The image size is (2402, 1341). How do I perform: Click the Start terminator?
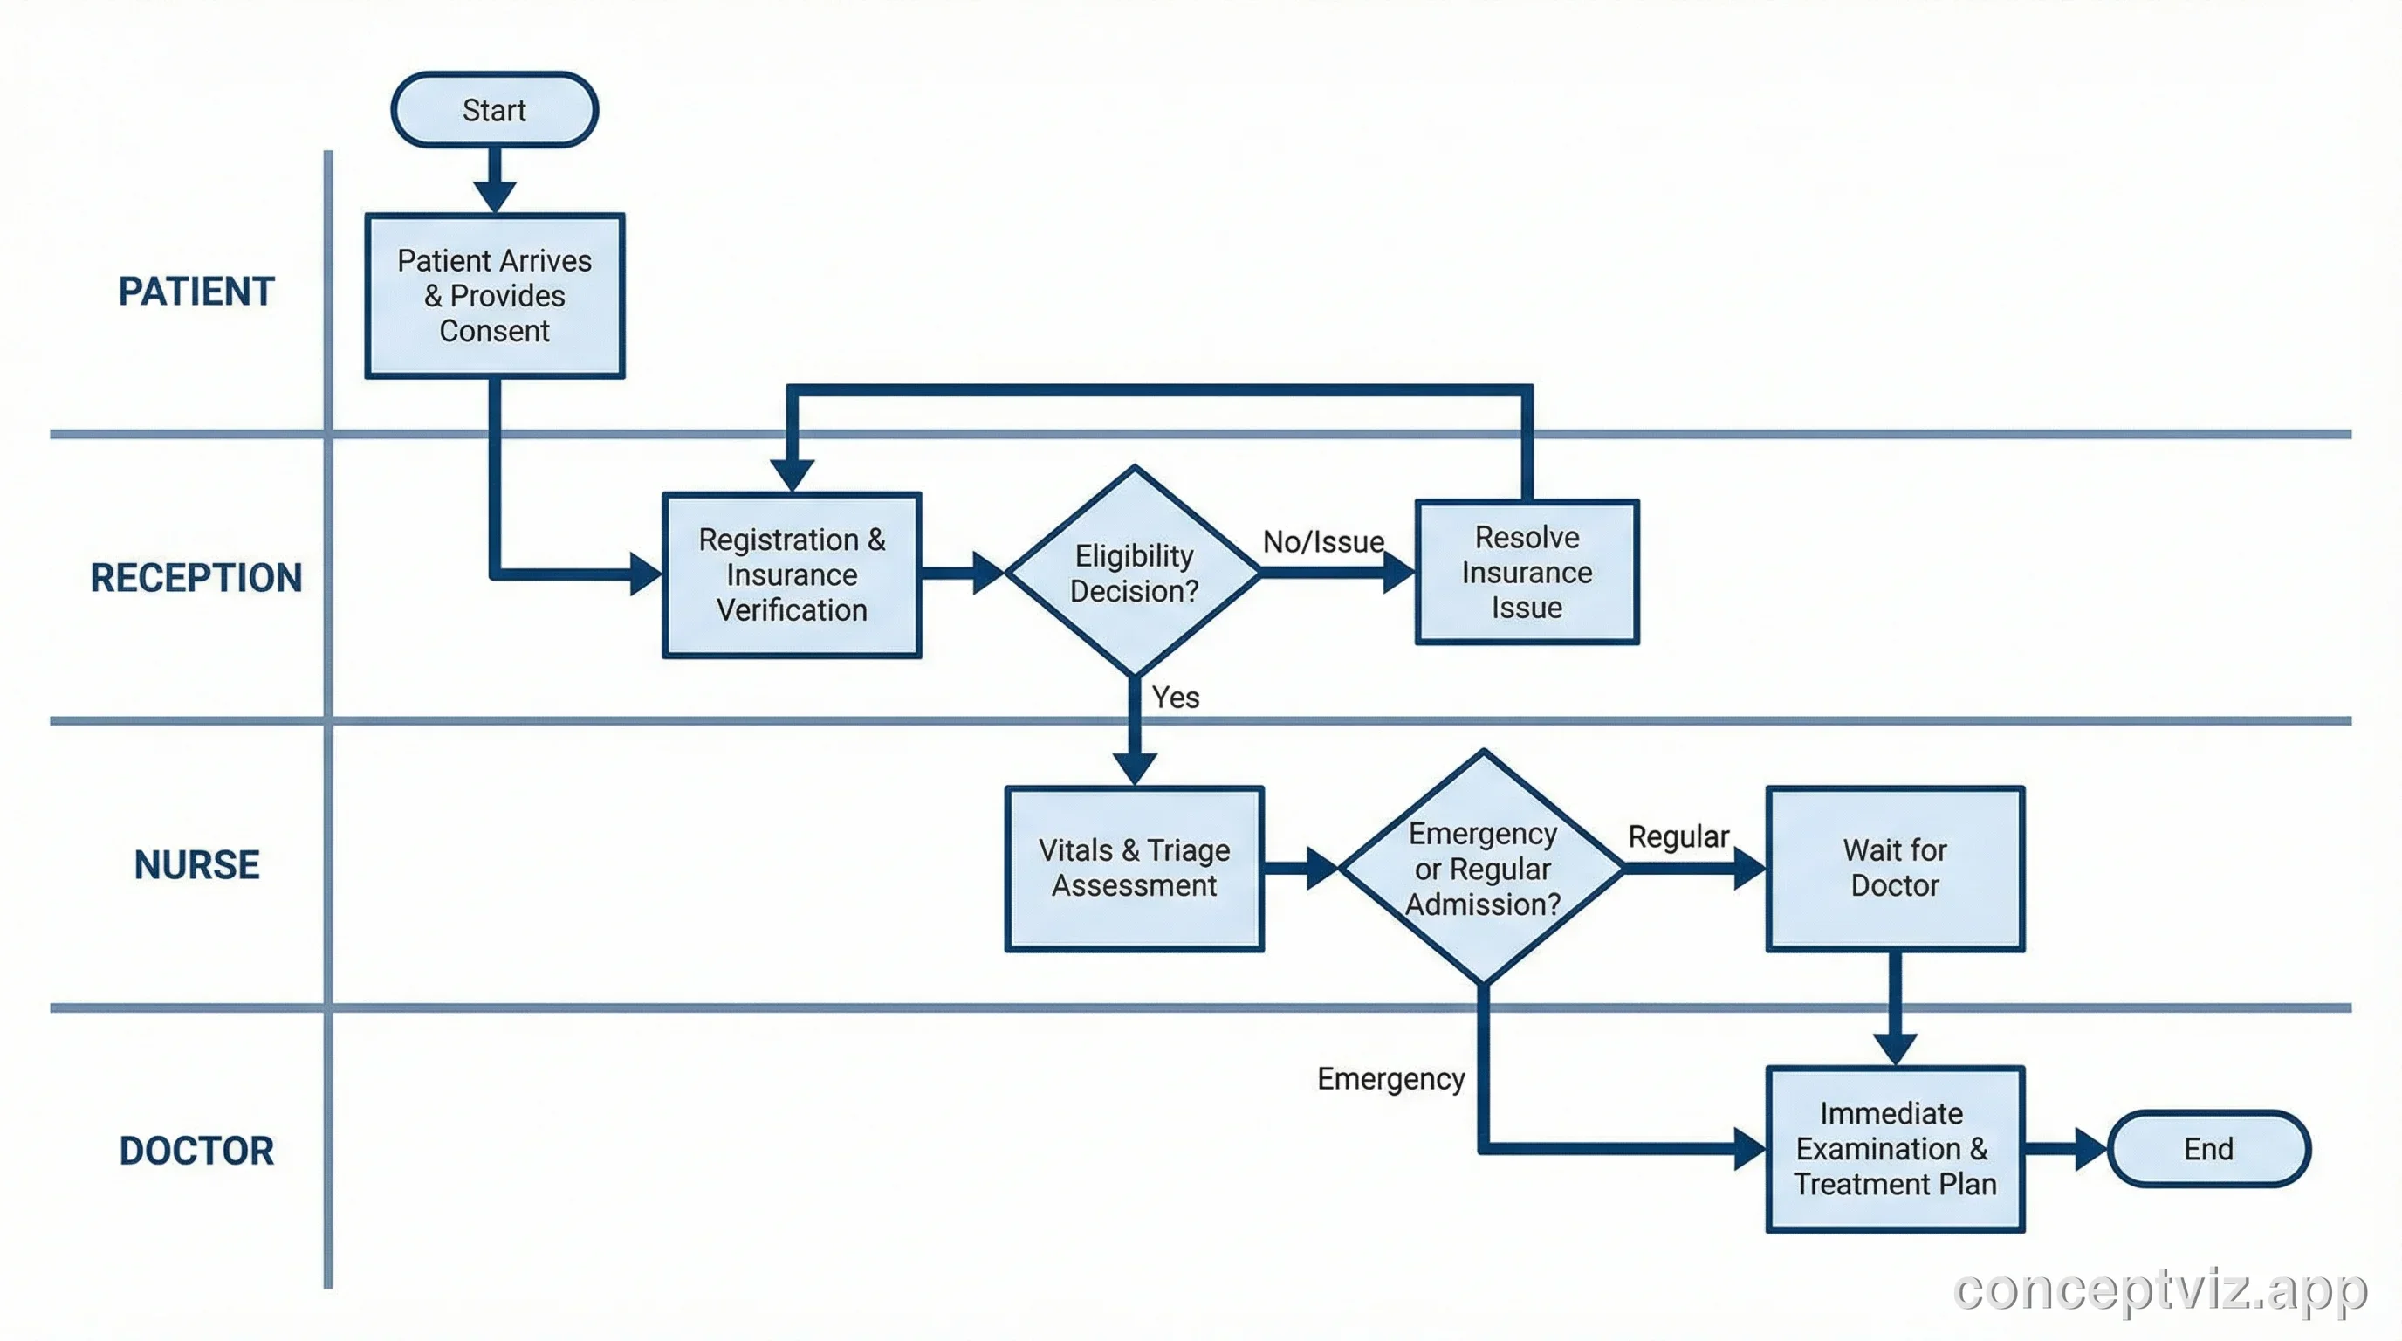[494, 110]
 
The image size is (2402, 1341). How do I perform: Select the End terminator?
[2208, 1148]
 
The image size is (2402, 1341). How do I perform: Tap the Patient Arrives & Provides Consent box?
[494, 296]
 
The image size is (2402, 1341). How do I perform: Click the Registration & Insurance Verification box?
[792, 574]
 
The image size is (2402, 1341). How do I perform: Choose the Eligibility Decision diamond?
[1134, 573]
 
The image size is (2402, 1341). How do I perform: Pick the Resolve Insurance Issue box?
[1527, 572]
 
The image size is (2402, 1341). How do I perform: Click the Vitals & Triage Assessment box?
[1134, 867]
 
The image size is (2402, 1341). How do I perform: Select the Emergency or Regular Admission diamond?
[1483, 868]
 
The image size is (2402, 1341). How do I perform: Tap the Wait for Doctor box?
[1895, 867]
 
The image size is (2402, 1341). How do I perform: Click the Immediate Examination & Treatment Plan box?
[1895, 1148]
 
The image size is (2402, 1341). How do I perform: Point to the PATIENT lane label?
[196, 292]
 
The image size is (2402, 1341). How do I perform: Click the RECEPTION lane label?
[196, 578]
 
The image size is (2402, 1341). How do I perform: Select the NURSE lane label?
[196, 864]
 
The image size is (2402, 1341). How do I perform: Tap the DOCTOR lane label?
[196, 1151]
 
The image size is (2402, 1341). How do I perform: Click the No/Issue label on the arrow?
[1323, 542]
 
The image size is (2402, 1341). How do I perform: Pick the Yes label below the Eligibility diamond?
[1175, 698]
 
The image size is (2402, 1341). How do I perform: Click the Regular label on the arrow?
[1678, 836]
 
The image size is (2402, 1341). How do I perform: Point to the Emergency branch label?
[1390, 1079]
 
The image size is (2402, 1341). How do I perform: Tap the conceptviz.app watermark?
[2159, 1290]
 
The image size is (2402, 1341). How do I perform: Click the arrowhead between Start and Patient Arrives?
[494, 196]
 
